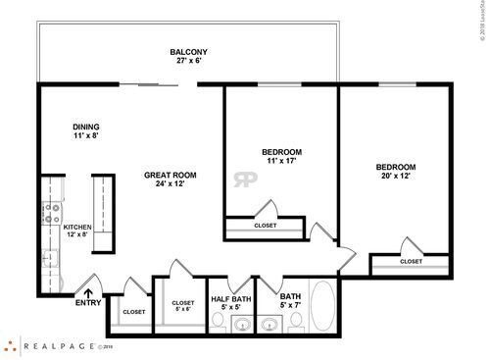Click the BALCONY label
tap(187, 52)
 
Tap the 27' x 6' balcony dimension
tap(187, 61)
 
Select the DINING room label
tap(86, 127)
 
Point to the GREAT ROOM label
tap(171, 176)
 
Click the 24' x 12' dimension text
tap(171, 184)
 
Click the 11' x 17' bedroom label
tap(281, 161)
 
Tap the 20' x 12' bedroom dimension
tap(397, 177)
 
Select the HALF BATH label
tap(231, 298)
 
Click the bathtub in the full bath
tap(322, 307)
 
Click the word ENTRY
tap(87, 302)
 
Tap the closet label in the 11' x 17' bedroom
tap(265, 225)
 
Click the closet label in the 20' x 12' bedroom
tap(411, 261)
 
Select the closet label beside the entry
tap(133, 312)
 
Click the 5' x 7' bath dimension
tap(291, 306)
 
